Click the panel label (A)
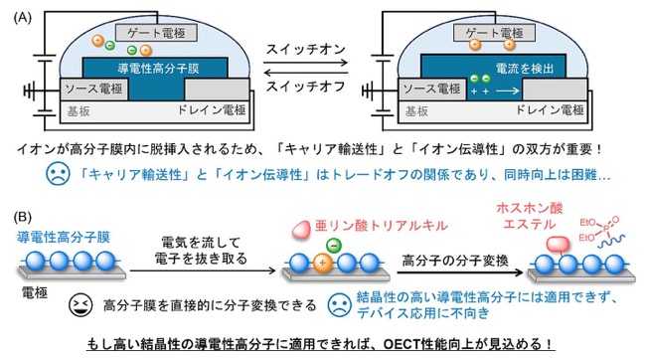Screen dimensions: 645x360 (x=22, y=18)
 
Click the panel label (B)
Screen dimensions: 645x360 (x=22, y=217)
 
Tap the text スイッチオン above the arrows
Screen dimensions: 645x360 (x=305, y=50)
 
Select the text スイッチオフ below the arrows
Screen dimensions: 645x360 (x=305, y=87)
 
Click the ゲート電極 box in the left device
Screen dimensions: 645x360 (x=156, y=33)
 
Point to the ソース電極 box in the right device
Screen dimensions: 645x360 (x=432, y=89)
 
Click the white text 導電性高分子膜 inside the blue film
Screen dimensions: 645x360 (x=158, y=68)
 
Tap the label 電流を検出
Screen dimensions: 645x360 (x=525, y=69)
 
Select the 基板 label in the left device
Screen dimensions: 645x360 (x=79, y=111)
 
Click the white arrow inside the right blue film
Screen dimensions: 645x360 (x=508, y=90)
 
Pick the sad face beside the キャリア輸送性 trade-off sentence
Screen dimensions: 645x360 (x=58, y=174)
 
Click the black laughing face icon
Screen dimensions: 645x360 (x=81, y=305)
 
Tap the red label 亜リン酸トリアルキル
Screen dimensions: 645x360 (x=381, y=226)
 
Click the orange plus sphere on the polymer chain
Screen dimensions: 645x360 (x=322, y=263)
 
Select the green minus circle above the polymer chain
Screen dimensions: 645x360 (x=334, y=246)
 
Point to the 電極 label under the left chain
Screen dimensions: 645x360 (x=35, y=293)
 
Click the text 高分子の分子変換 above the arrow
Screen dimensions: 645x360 (x=455, y=261)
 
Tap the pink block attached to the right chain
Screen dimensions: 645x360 (x=558, y=244)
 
